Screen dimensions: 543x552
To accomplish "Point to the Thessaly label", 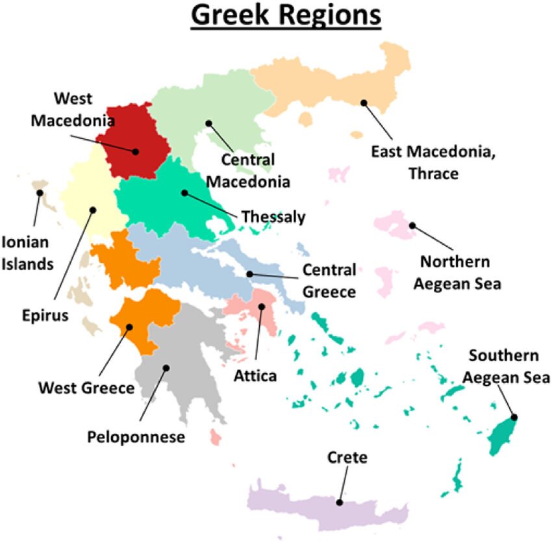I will tap(273, 217).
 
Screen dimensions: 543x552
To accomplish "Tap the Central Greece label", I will tap(329, 281).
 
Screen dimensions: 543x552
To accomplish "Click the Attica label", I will tap(256, 375).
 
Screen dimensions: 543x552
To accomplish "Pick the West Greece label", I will tap(86, 388).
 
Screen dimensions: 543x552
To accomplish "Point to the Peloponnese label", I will tap(136, 436).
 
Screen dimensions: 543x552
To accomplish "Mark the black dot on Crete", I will tap(339, 502).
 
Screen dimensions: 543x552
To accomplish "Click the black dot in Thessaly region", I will tap(184, 192).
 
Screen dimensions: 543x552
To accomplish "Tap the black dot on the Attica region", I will tap(262, 307).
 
